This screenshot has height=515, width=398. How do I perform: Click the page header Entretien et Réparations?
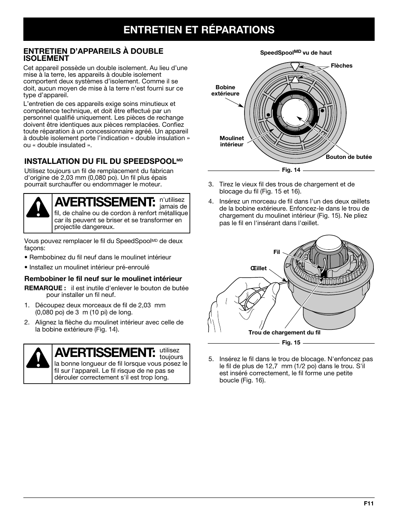pos(199,29)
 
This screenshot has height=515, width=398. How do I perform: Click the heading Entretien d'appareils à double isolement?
pos(93,55)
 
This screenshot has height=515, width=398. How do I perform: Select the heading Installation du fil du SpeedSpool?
pos(103,161)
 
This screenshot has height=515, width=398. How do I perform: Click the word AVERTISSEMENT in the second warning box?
pos(105,353)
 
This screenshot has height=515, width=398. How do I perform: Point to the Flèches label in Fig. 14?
pos(341,65)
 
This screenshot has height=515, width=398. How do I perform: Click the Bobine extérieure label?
pos(225,90)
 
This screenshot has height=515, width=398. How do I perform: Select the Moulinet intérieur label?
pos(232,141)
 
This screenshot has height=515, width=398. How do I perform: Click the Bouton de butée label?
pos(349,157)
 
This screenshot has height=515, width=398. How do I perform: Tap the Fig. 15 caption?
pos(291,342)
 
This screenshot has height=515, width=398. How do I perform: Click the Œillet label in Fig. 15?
pos(258,268)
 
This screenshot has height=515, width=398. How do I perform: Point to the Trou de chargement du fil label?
pos(284,332)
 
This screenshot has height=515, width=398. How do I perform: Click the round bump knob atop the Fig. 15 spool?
pos(329,244)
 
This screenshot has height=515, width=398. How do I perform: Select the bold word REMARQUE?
pos(45,288)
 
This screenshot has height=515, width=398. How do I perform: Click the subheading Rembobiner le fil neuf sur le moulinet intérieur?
pos(103,279)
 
